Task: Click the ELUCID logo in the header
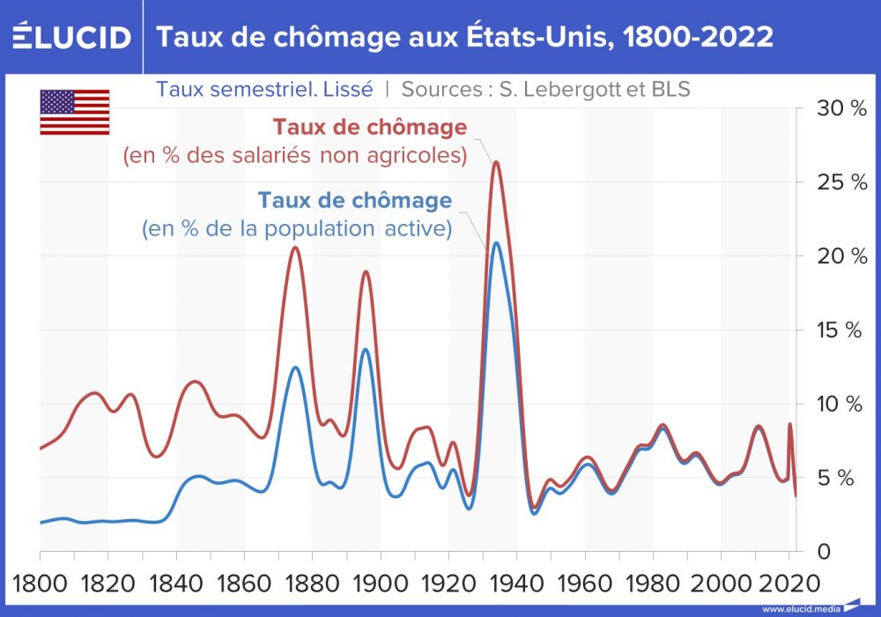point(71,37)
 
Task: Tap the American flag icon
point(75,112)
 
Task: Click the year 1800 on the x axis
point(41,583)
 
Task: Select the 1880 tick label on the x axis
point(312,583)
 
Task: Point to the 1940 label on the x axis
point(517,583)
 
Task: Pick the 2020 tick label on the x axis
point(786,583)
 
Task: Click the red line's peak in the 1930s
point(496,162)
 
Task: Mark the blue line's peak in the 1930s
point(497,242)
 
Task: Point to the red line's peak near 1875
point(295,248)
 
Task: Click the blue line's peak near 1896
point(366,349)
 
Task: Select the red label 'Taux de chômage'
point(370,128)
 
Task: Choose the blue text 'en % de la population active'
point(297,229)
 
